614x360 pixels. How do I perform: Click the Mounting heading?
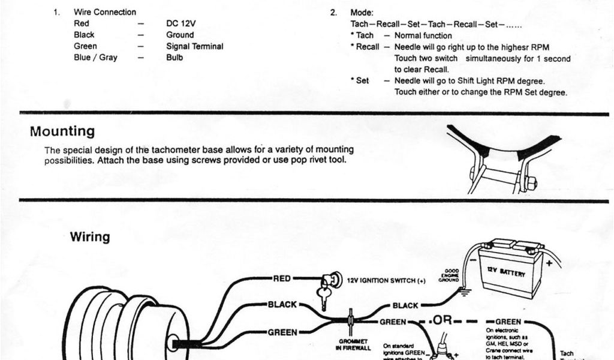62,131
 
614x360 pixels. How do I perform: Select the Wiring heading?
90,237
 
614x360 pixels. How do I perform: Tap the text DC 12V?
180,23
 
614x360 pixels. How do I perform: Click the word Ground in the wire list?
180,35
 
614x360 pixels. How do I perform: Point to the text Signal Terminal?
194,46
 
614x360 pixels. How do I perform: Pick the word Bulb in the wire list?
174,58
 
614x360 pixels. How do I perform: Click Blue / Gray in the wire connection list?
95,58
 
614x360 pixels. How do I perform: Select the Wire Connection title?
104,12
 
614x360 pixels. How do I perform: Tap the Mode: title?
362,12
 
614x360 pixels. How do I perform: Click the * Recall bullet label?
365,47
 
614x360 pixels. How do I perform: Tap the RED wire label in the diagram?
282,278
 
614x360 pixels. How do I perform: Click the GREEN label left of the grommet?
282,332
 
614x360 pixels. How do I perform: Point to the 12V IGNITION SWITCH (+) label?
386,280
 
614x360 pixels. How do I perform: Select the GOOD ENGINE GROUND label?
451,275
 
